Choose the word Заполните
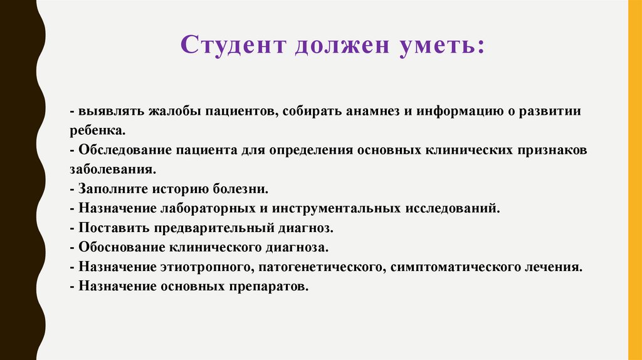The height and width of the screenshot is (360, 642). pos(107,189)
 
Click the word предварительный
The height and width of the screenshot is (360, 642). pos(199,228)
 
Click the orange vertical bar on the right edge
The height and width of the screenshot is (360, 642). pos(634,180)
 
